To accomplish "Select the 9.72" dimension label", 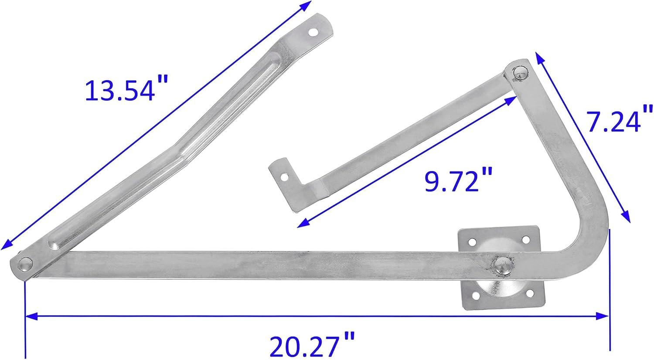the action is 458,179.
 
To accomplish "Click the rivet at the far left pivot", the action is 25,264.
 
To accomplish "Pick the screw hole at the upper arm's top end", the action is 313,31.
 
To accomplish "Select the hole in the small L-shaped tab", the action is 284,177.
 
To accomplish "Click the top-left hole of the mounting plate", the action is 472,242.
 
